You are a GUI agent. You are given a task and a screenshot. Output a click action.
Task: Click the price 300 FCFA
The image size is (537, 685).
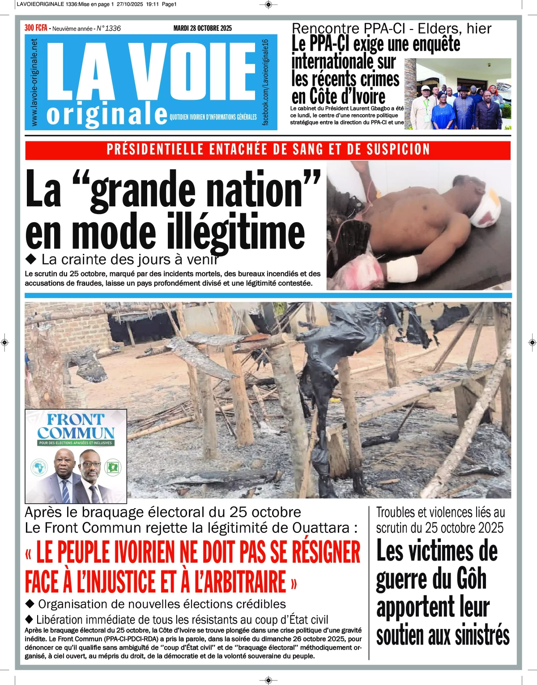pyautogui.click(x=36, y=28)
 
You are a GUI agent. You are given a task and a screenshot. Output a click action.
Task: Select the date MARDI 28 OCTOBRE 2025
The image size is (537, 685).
pyautogui.click(x=203, y=28)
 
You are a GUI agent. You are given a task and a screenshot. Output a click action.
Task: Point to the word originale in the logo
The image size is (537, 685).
pyautogui.click(x=107, y=115)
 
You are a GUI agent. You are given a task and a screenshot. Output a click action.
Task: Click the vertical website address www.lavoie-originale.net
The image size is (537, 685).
pyautogui.click(x=34, y=82)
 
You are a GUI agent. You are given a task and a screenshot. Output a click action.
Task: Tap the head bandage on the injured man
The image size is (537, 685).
pyautogui.click(x=484, y=210)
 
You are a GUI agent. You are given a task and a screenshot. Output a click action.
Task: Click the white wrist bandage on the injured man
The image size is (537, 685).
pyautogui.click(x=401, y=270)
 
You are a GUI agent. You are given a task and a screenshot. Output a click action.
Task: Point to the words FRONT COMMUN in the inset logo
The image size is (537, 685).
pyautogui.click(x=76, y=427)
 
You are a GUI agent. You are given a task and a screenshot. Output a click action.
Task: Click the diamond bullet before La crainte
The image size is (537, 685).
pyautogui.click(x=31, y=259)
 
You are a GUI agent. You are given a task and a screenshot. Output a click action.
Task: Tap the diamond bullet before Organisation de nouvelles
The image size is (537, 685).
pyautogui.click(x=30, y=604)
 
